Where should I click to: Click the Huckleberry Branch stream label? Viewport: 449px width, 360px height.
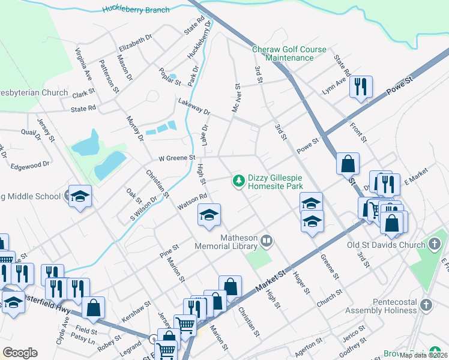coord(136,10)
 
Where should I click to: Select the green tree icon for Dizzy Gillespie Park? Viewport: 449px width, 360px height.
coord(238,180)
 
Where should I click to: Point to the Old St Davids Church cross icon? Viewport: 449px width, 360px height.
coord(435,244)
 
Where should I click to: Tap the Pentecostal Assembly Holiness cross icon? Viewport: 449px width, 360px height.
coord(426,304)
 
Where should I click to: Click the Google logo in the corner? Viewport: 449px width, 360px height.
coord(20,353)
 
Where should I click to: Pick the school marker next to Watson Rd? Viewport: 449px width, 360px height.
coord(208,215)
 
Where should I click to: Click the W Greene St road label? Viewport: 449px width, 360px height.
coord(177,158)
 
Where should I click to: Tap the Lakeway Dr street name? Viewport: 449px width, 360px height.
coord(194,107)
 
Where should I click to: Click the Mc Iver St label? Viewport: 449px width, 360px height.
coord(236,98)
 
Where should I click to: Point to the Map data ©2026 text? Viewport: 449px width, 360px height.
coord(423,355)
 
